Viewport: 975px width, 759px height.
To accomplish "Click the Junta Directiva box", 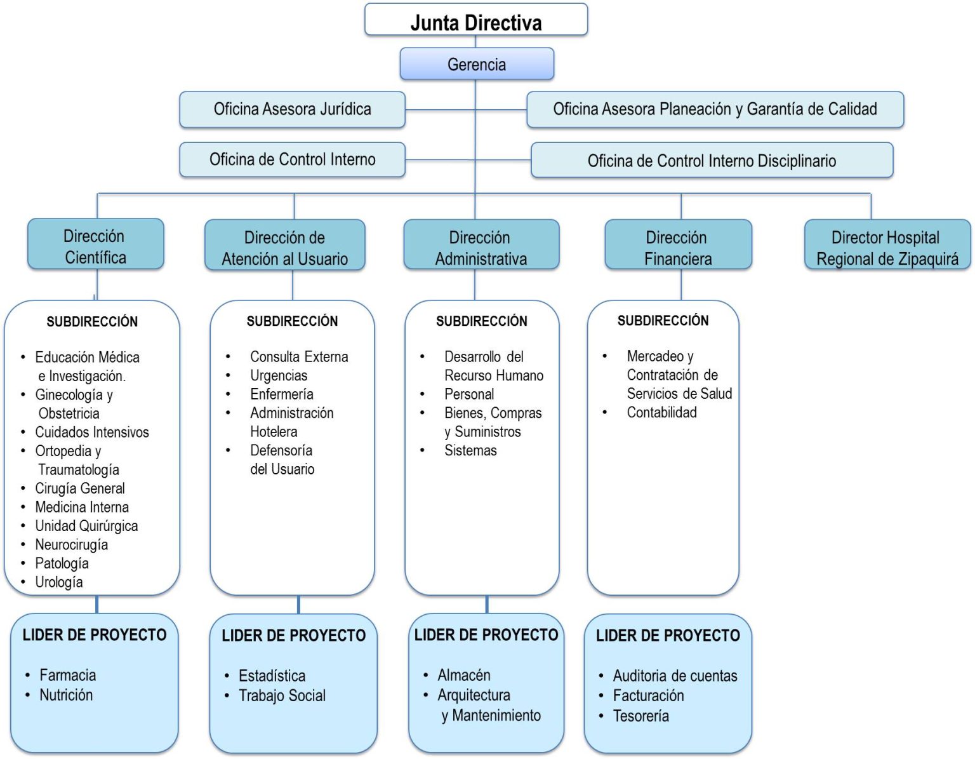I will coord(476,20).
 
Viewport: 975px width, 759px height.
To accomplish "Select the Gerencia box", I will coord(477,64).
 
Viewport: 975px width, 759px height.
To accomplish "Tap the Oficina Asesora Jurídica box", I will coord(292,109).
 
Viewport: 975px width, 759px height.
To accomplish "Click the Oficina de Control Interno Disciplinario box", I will coord(712,161).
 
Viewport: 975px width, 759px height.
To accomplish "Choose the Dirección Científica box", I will coord(95,246).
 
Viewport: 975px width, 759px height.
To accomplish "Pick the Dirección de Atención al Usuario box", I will coord(284,247).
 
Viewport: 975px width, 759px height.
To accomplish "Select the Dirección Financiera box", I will coord(677,247).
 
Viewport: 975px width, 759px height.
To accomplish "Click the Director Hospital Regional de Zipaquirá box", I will coord(887,247).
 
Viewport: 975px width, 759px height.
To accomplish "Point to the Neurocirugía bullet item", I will coord(71,544).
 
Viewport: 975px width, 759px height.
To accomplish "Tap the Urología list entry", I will coord(58,582).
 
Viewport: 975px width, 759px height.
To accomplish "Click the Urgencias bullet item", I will coord(279,375).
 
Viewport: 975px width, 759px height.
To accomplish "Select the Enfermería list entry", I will coord(281,394).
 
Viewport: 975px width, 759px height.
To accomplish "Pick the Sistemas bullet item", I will coord(470,450).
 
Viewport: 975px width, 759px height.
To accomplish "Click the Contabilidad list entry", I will coord(661,412).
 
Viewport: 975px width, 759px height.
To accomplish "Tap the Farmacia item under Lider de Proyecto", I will coord(67,675).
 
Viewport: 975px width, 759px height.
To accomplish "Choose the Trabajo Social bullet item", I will coord(282,695).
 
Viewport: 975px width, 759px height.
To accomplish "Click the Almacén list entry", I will coord(463,675).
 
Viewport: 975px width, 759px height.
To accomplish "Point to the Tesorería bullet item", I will coord(640,716).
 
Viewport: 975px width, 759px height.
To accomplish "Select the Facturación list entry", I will coord(648,695).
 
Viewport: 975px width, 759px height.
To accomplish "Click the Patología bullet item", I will coord(62,563).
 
